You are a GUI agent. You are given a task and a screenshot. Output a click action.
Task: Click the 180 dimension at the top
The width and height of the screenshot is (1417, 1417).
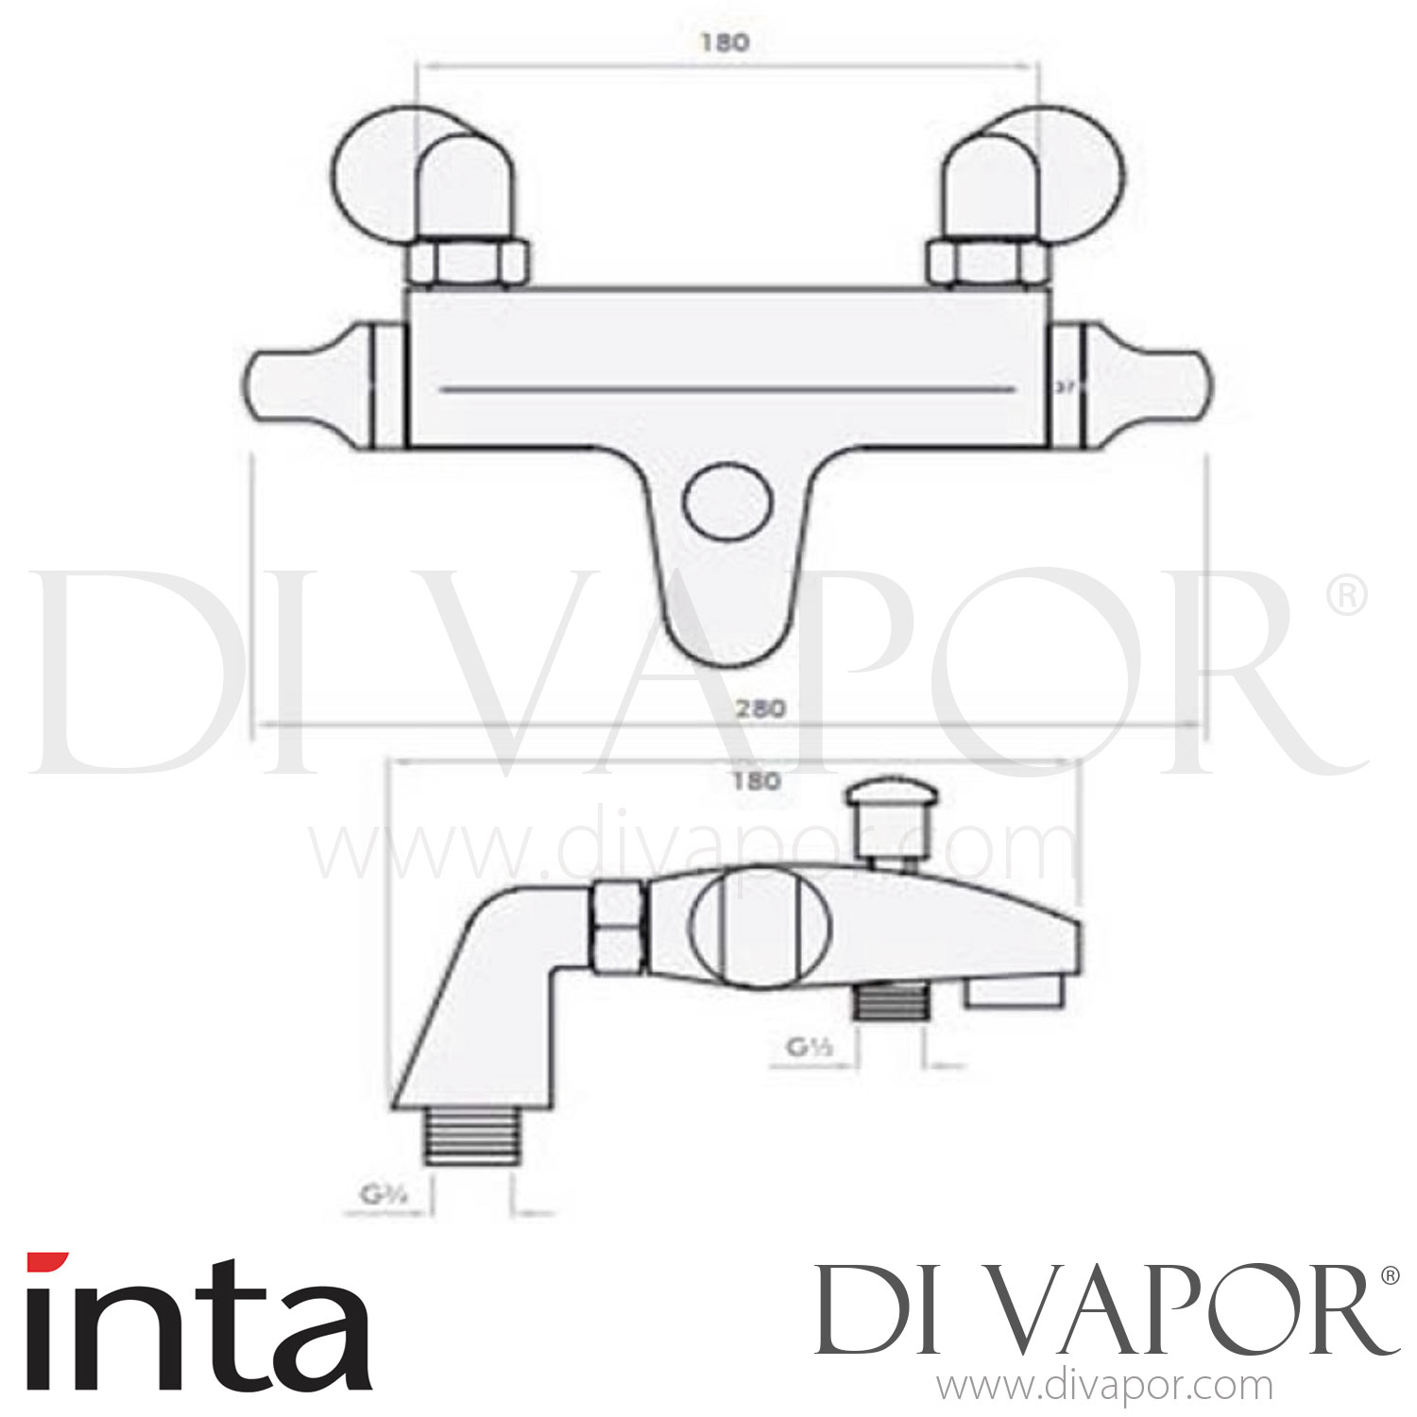726,43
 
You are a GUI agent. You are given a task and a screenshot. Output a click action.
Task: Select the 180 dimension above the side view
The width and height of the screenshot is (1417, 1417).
756,780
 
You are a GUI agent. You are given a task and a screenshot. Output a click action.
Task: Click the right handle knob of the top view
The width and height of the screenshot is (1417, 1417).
1145,385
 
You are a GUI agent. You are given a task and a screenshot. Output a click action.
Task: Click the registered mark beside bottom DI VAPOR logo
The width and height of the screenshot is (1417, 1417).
1389,1275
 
